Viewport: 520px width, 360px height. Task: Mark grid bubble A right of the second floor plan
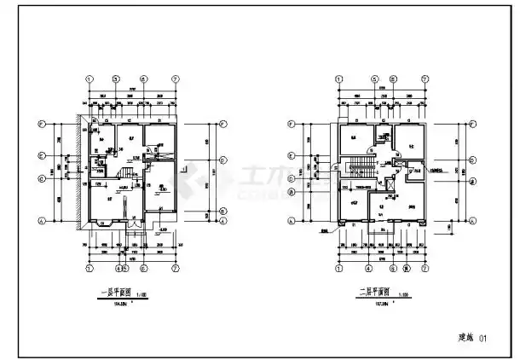471,221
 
